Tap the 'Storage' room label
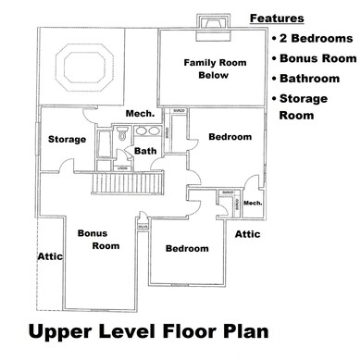click(67, 140)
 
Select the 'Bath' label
click(144, 150)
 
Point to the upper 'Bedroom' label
click(230, 137)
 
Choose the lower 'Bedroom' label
click(186, 248)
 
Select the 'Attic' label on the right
click(247, 235)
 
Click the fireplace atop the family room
click(210, 24)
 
